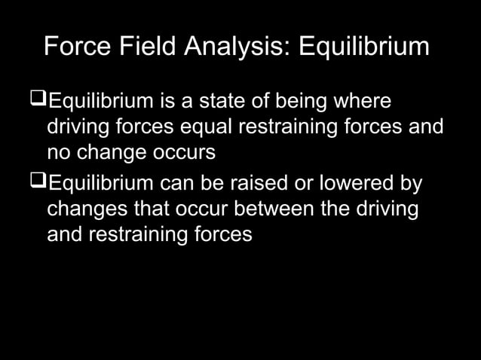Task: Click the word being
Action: [x=306, y=100]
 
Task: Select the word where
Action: [x=366, y=100]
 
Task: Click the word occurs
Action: [x=186, y=151]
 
